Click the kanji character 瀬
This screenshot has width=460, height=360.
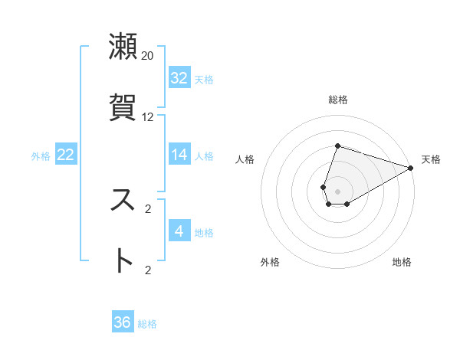click(123, 47)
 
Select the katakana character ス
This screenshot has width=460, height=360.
click(123, 200)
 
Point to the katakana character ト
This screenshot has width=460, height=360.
click(123, 261)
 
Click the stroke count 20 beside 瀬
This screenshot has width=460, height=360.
click(147, 55)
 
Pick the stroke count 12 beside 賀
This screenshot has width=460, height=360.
click(147, 117)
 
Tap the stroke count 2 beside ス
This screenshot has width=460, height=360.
click(148, 208)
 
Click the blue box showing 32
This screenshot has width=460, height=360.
click(179, 78)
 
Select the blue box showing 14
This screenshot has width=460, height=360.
click(179, 155)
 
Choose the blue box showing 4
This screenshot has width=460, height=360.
click(179, 231)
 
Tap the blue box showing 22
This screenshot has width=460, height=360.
click(66, 155)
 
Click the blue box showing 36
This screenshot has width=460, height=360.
click(123, 322)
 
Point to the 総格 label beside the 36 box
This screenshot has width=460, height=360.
click(147, 324)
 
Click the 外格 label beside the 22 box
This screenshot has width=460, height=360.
click(41, 156)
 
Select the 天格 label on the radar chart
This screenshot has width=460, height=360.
click(431, 159)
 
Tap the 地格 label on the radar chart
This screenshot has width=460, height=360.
click(402, 263)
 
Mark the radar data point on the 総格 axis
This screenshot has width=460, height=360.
click(337, 146)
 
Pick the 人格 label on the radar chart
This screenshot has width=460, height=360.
click(245, 159)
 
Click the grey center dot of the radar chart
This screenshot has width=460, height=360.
click(337, 191)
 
